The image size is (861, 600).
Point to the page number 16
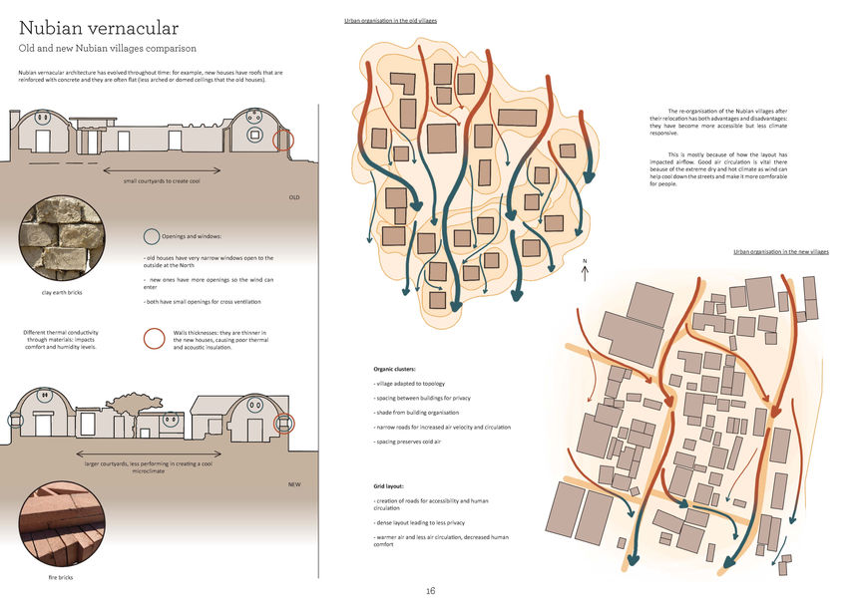coord(430,590)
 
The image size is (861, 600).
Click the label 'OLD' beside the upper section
coord(293,197)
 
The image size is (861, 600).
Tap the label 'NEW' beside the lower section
coord(293,484)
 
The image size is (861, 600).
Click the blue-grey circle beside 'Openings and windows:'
coord(151,237)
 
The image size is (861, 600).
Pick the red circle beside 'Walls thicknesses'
coord(154,339)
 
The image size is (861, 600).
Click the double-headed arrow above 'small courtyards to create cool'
coord(169,169)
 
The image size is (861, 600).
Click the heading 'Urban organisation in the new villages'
coord(780,252)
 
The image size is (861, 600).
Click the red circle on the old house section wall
coord(283,139)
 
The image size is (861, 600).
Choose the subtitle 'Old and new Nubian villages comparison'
coord(108,48)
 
